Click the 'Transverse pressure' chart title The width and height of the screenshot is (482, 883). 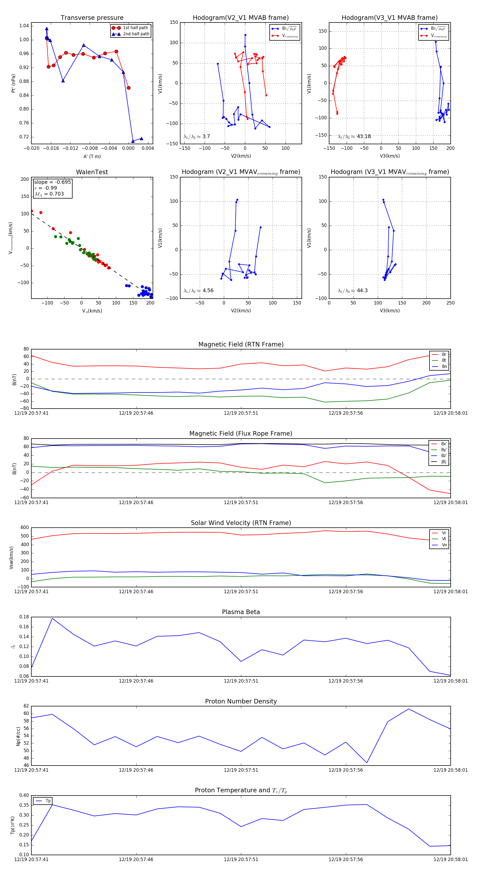92,18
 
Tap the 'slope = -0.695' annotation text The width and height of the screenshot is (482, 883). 52,182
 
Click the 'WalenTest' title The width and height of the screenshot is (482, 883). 92,172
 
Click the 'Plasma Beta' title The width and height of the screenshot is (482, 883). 241,612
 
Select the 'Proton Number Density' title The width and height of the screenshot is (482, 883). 241,701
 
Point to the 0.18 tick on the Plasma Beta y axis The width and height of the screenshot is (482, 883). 24,617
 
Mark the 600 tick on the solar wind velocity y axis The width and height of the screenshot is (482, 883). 25,528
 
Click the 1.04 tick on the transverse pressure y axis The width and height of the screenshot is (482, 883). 24,26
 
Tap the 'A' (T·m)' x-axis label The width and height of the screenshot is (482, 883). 92,156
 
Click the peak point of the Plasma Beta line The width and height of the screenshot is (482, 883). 52,618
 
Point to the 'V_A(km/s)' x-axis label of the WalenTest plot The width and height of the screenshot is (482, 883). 92,311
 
